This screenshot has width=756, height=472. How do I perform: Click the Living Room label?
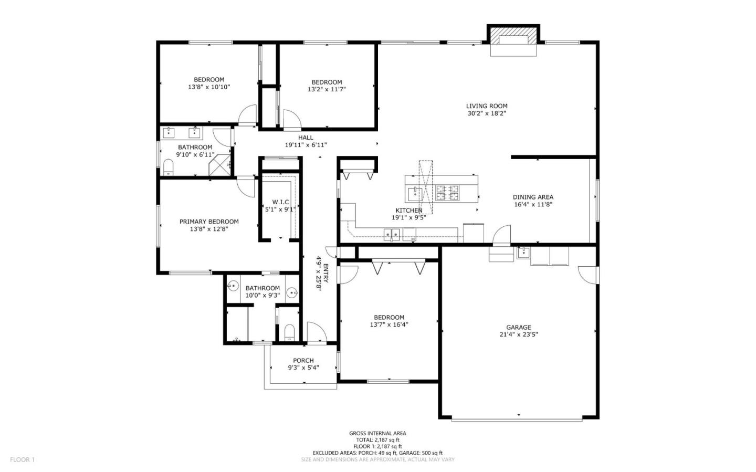[487, 106]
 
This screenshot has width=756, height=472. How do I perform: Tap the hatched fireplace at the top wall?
[513, 40]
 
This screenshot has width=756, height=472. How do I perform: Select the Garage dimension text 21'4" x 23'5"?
[519, 334]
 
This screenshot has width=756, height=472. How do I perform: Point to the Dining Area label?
[533, 197]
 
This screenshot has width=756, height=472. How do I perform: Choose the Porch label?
[303, 361]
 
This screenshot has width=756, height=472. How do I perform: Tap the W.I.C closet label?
[280, 202]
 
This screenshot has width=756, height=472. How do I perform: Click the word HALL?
[306, 138]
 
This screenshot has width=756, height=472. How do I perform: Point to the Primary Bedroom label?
[209, 222]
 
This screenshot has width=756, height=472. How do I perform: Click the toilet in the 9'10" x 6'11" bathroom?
[168, 167]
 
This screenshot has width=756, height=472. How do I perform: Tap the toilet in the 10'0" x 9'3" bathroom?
[288, 332]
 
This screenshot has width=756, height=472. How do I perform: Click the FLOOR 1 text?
[22, 459]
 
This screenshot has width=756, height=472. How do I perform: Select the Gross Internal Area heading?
[377, 433]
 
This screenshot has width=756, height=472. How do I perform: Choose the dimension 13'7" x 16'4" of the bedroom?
[389, 324]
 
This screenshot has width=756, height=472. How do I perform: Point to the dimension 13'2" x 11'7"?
[327, 89]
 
